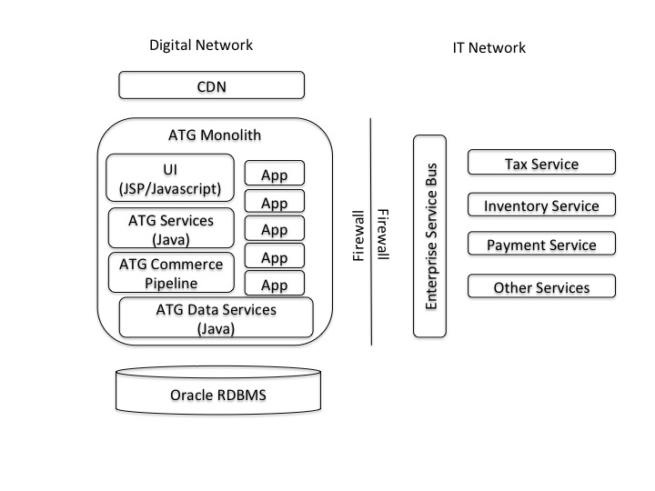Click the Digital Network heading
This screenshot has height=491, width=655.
[200, 45]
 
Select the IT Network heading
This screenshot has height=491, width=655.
[489, 47]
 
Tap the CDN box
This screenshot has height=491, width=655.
[211, 86]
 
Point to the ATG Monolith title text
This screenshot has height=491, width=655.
[216, 135]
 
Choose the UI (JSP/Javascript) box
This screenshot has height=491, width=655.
[170, 178]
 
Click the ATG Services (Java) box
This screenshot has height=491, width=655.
[171, 228]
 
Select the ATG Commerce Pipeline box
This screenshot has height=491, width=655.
[171, 273]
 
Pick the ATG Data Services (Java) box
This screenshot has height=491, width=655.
[217, 319]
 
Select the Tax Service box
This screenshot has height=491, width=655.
[541, 164]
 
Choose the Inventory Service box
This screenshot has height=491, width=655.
[541, 206]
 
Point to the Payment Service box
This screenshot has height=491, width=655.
[541, 245]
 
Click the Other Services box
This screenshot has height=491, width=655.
[541, 287]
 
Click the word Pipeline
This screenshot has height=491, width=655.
[171, 282]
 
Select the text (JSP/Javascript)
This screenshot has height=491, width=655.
[170, 188]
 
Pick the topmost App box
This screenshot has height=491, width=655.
[274, 174]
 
